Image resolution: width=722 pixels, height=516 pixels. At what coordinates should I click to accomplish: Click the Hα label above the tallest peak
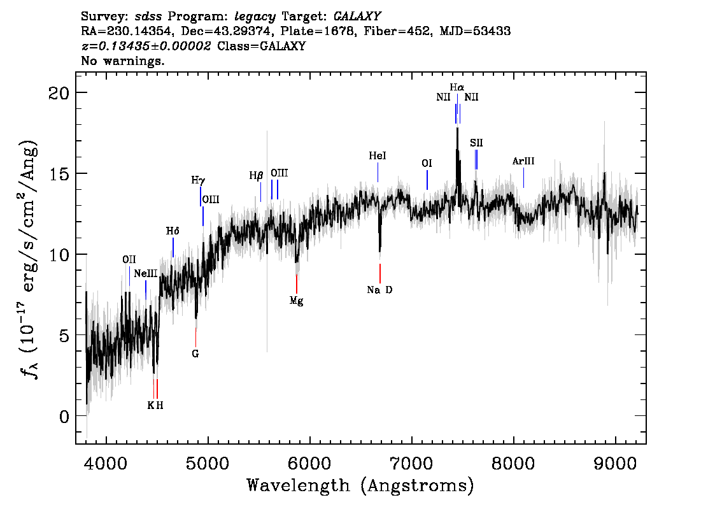pos(457,87)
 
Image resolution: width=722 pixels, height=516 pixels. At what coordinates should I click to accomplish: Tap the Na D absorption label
pos(379,290)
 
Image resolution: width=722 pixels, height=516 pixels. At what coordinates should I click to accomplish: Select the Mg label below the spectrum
pos(296,301)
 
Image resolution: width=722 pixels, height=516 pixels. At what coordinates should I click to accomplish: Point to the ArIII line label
pos(523,162)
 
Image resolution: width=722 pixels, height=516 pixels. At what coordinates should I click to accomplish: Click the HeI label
pos(378,156)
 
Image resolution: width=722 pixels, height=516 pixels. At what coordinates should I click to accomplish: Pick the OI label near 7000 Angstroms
pos(427,164)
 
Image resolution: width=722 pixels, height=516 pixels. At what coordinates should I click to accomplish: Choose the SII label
pos(476,143)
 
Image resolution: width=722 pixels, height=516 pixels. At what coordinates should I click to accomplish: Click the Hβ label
pos(256,176)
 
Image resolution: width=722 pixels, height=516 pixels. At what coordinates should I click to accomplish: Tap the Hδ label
pos(173,231)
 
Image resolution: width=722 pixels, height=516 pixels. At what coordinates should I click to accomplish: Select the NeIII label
pos(145,274)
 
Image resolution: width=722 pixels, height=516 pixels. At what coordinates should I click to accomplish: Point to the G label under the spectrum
pos(195,354)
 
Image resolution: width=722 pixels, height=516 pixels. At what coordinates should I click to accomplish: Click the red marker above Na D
pos(379,273)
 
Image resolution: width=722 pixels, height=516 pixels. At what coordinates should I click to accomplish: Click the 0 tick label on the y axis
pos(63,416)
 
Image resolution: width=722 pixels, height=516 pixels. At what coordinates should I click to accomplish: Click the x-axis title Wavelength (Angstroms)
pos(360,486)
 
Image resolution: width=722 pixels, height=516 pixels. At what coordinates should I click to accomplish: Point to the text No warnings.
pos(123,61)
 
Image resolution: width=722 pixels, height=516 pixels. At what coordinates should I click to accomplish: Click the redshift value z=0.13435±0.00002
pos(146,47)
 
